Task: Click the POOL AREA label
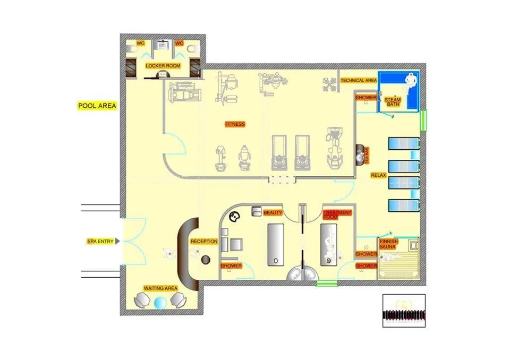pos(97,106)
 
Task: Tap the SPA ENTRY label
pos(100,242)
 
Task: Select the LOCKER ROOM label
pos(163,66)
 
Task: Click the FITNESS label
pos(235,124)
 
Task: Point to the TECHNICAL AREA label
pos(359,80)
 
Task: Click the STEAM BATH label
pos(393,102)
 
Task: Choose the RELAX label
pos(378,175)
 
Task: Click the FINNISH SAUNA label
pos(389,244)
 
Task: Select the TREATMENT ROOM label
pos(337,215)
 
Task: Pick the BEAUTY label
pos(273,212)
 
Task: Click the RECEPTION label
pos(204,242)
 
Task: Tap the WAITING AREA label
pos(160,288)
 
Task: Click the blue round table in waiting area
pos(160,303)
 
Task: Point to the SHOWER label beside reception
pos(231,265)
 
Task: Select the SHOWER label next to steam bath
pos(366,98)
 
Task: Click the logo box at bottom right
pos(404,311)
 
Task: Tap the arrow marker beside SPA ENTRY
pos(117,242)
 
